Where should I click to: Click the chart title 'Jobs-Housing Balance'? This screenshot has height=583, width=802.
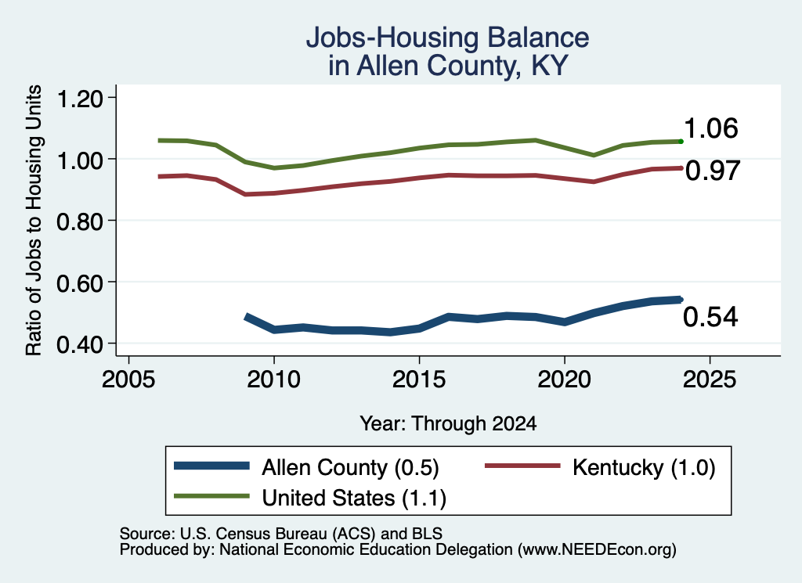[x=447, y=38]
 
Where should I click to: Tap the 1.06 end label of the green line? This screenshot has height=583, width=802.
[x=710, y=128]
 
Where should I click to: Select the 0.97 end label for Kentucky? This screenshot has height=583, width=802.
[x=713, y=170]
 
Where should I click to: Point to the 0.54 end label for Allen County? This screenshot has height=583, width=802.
[x=710, y=317]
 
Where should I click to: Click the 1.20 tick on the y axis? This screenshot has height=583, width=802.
[x=80, y=98]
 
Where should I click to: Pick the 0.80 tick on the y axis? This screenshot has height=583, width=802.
[x=80, y=221]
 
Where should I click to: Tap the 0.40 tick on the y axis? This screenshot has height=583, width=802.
[x=80, y=344]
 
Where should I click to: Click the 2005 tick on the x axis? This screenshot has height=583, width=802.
[x=128, y=379]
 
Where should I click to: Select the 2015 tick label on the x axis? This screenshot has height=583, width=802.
[x=419, y=379]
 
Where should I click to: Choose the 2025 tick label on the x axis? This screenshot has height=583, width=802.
[x=710, y=379]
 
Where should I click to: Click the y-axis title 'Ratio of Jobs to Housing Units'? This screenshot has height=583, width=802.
[x=34, y=220]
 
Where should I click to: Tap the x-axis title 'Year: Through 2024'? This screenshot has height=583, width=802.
[x=448, y=423]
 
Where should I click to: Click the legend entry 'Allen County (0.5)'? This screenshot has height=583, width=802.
[x=350, y=467]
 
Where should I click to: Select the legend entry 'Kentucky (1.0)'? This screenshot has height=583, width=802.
[x=644, y=467]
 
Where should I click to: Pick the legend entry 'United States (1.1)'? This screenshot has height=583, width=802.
[x=354, y=498]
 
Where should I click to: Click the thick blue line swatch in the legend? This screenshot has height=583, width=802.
[x=211, y=466]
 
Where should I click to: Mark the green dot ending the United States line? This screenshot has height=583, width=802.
[x=681, y=141]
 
